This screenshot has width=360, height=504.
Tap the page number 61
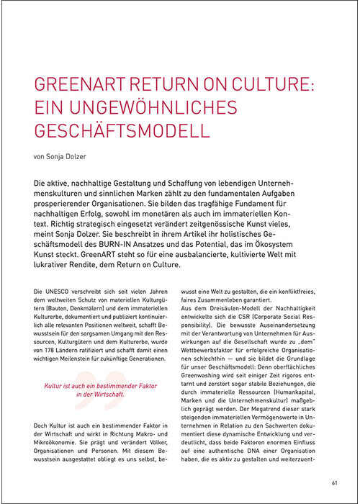335,482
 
